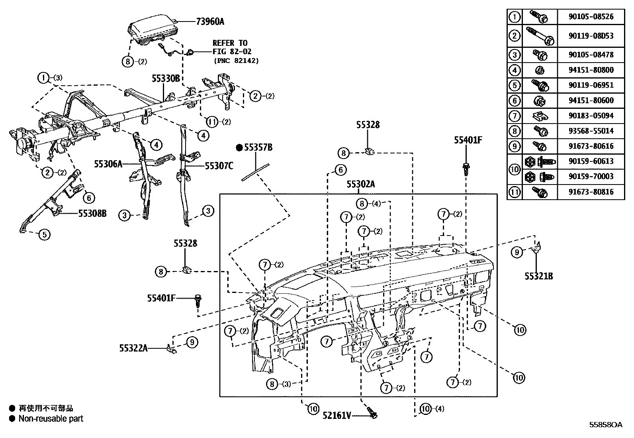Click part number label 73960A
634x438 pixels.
pos(210,21)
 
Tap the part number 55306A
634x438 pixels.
pos(108,163)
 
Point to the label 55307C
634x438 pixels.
pos(219,166)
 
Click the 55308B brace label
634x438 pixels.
pos(92,213)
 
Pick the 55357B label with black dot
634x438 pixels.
pos(258,147)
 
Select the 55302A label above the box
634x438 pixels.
pos(360,184)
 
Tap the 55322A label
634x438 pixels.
pos(133,348)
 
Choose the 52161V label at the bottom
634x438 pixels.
pos(337,416)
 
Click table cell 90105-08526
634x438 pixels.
pos(591,17)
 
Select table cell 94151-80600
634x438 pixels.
pos(591,100)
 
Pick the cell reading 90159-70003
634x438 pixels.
pos(591,176)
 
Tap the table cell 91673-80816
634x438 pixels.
pos(591,192)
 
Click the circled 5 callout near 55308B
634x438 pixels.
pos(45,234)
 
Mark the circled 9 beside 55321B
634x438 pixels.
pos(517,252)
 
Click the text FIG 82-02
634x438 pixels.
pos(232,52)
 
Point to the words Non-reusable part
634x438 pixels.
pos(51,418)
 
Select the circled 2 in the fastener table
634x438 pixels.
pos(515,36)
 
